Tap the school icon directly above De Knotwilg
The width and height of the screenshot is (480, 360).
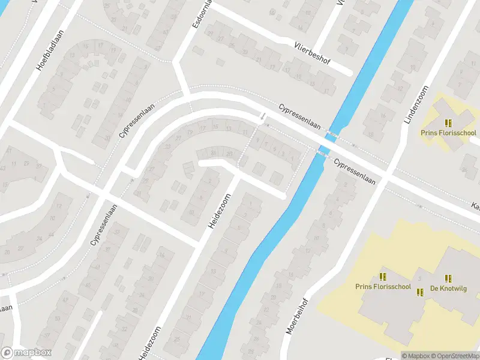pos(448,278)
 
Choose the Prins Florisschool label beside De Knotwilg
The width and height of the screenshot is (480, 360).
pos(383,287)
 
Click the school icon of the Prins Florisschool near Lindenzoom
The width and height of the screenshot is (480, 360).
pos(448,122)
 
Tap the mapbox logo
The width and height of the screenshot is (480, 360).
pos(26,353)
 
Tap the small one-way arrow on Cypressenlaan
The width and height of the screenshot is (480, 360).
pos(262,116)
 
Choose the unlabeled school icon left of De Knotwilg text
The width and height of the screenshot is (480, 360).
pos(383,277)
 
